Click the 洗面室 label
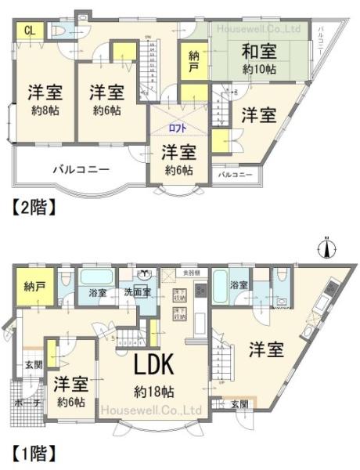(x=137, y=293)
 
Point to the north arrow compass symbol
(x=328, y=248)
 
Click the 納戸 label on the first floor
(x=34, y=285)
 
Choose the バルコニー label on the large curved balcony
(x=81, y=168)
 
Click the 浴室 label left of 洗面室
(x=99, y=293)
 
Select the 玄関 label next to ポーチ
(x=33, y=365)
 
